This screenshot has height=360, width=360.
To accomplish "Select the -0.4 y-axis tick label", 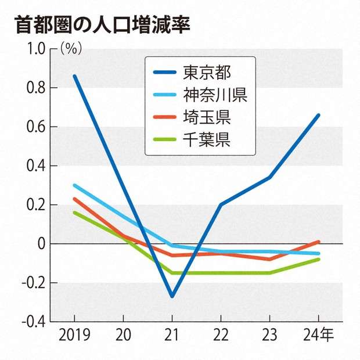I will point(34,322).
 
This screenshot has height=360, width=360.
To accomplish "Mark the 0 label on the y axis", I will point(41,244).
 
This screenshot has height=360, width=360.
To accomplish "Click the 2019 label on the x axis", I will point(74,336).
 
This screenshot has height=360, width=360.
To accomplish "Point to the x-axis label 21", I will point(172,336).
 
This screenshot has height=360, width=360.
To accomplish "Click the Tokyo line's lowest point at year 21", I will point(172,296).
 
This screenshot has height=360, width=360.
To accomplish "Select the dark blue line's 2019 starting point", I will point(74,76).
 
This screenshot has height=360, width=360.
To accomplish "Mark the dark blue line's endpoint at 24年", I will point(319,115).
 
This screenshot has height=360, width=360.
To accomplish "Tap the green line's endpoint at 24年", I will point(319,259).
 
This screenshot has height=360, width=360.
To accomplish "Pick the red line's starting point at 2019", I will point(74,199).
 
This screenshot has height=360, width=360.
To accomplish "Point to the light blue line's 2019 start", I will point(74,185).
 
